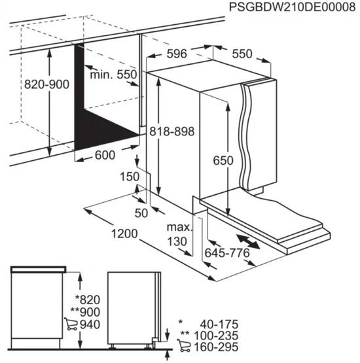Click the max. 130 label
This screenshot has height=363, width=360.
(179, 234)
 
